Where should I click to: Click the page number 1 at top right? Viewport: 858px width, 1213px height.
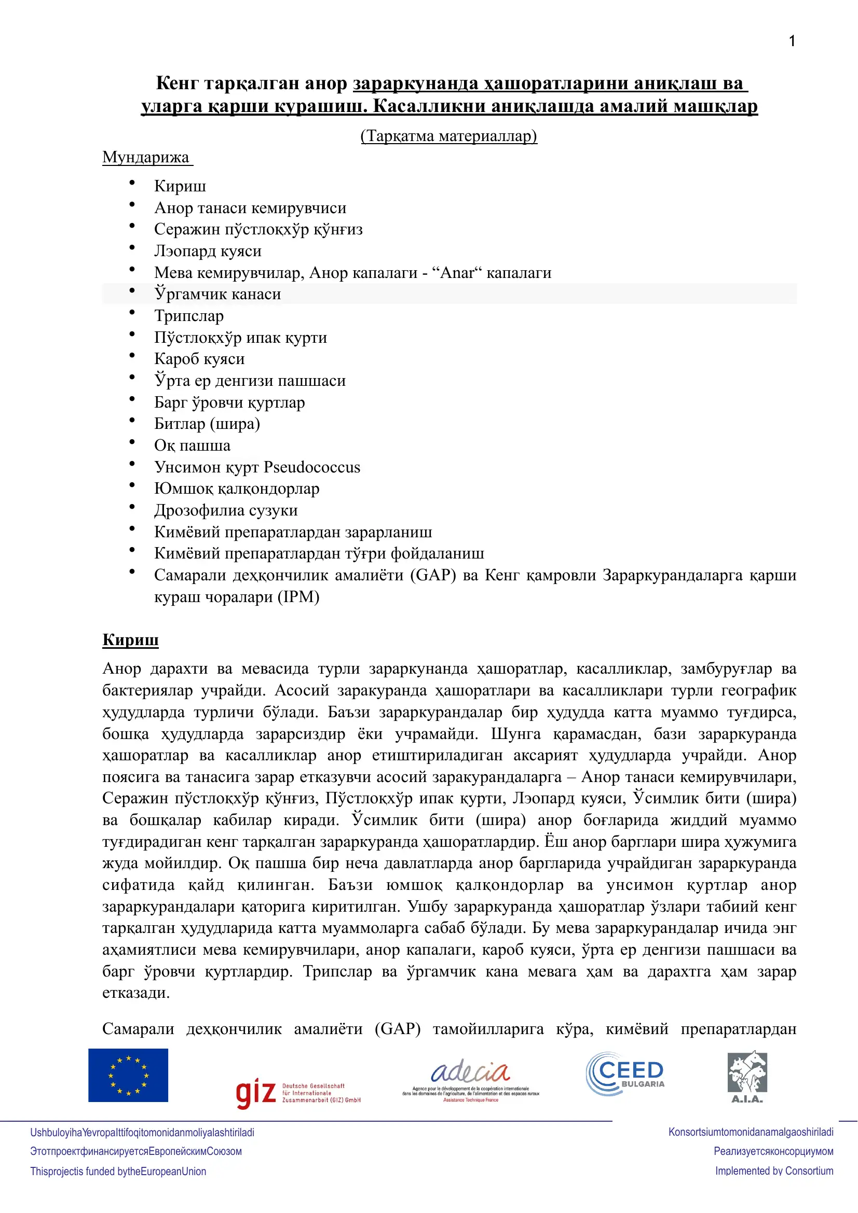(x=792, y=41)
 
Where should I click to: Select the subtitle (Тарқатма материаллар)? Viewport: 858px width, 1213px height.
(x=449, y=136)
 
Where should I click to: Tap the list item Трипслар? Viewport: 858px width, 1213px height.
(x=189, y=315)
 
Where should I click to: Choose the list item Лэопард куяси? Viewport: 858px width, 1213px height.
(x=208, y=251)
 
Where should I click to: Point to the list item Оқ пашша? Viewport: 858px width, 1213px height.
(x=192, y=445)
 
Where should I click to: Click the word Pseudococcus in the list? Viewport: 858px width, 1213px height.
(x=312, y=467)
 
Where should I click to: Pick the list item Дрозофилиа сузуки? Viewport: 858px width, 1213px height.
(x=226, y=510)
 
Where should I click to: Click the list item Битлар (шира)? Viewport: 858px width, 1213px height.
(x=207, y=424)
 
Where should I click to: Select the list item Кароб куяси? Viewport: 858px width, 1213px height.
(x=199, y=359)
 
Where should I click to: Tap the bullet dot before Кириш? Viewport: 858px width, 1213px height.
(x=132, y=183)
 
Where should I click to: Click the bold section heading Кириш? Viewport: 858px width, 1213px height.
(x=131, y=640)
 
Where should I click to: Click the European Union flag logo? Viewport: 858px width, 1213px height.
(x=128, y=1075)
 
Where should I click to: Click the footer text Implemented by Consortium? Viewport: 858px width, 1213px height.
(x=774, y=1171)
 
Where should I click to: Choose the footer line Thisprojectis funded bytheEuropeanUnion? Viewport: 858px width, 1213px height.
(x=118, y=1172)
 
